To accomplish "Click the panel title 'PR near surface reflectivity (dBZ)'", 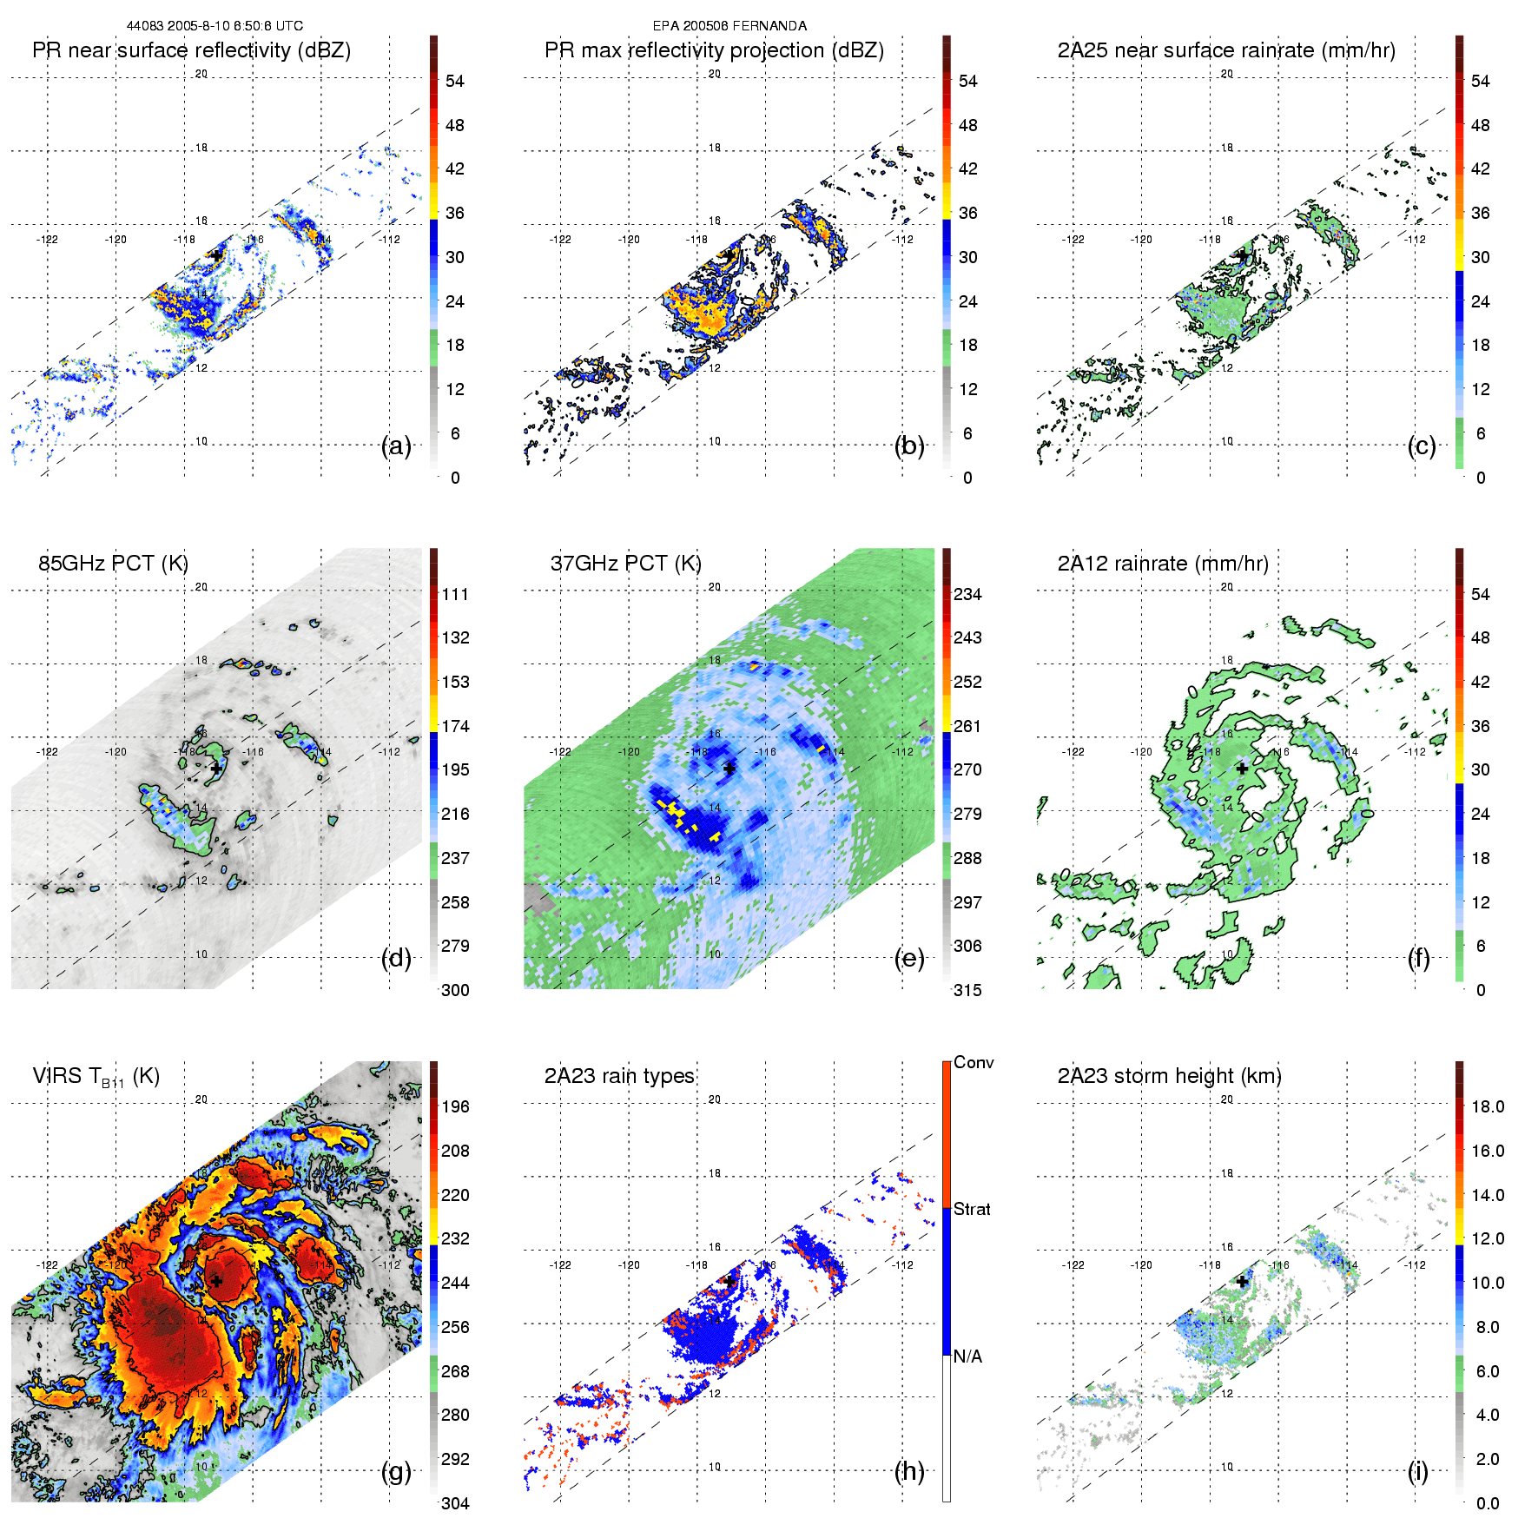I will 191,50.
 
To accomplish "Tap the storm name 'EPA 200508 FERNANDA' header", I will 729,26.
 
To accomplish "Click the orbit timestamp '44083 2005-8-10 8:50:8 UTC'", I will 215,26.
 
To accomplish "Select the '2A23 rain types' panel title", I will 619,1076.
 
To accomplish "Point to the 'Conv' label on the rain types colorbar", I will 974,1062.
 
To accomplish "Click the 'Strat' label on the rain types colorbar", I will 972,1209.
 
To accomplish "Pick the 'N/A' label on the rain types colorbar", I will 968,1356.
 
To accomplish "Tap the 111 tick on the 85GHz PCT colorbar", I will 455,594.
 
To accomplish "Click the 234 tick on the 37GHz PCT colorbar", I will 967,594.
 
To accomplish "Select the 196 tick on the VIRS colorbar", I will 455,1106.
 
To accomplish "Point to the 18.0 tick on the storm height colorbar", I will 1488,1106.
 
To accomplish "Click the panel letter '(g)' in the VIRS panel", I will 396,1471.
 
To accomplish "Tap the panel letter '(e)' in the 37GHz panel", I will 909,959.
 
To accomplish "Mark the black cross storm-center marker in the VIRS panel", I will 216,1281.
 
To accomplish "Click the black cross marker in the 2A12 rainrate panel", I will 1242,769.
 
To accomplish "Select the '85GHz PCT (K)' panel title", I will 113,564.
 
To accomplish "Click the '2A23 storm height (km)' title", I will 1169,1076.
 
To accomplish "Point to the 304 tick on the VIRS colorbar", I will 455,1503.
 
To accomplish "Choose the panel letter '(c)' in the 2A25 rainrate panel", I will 1422,446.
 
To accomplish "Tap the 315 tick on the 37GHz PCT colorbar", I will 967,990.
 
